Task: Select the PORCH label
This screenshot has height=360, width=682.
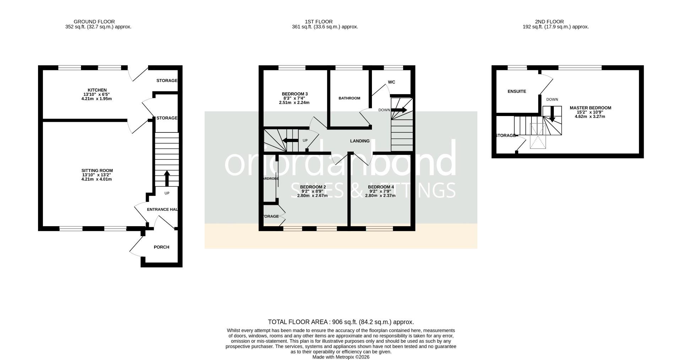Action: click(x=161, y=247)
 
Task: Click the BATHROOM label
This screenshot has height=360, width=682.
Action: click(x=349, y=98)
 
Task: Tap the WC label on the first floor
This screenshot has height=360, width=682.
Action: click(x=391, y=82)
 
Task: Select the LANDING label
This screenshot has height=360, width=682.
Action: click(x=360, y=141)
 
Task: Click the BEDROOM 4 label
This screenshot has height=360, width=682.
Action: click(x=381, y=187)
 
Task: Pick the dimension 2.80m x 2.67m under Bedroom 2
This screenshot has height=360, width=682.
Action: click(x=312, y=196)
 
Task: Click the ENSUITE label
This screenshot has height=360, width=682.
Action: click(x=516, y=92)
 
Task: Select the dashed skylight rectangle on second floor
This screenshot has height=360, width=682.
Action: click(x=537, y=136)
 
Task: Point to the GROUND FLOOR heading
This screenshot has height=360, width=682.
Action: click(x=94, y=22)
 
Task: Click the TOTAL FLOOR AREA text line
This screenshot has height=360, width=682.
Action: click(x=341, y=322)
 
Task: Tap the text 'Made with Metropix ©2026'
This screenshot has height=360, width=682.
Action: click(x=341, y=357)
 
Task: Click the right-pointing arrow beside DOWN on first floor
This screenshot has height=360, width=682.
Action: click(x=399, y=110)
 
